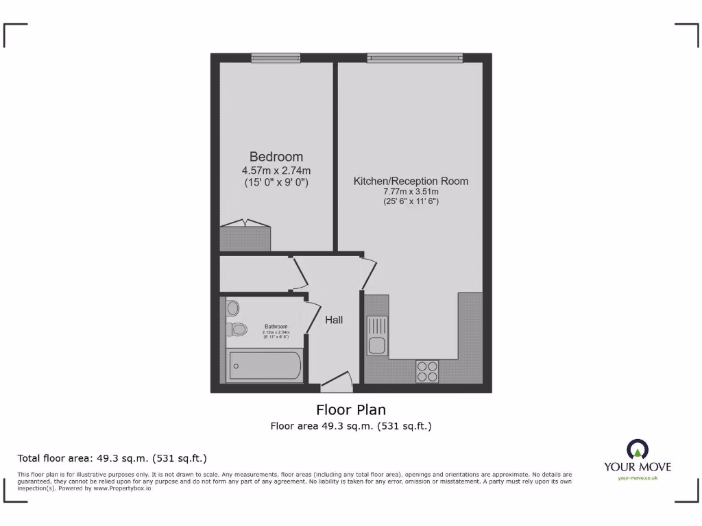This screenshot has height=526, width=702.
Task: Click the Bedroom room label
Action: (x=276, y=157)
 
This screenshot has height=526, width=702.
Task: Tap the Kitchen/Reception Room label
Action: (x=411, y=181)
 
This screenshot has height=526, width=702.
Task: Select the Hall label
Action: (x=334, y=320)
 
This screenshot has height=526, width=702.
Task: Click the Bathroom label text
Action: (x=276, y=327)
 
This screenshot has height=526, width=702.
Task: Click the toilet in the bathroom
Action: (x=237, y=329)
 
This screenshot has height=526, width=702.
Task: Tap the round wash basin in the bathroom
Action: (x=232, y=307)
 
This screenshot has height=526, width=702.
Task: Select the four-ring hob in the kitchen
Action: (x=427, y=371)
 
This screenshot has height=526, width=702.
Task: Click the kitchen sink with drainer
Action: (x=378, y=335)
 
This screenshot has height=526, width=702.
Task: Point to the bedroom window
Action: (x=276, y=58)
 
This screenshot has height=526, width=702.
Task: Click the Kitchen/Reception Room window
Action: (x=415, y=58)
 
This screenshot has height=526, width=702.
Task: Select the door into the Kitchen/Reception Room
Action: (x=368, y=274)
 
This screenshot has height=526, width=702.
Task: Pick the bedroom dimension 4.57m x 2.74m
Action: (x=276, y=171)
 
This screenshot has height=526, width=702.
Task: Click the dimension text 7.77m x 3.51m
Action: (x=411, y=192)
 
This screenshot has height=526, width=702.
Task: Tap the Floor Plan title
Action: (x=350, y=410)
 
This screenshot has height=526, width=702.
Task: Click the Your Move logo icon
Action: (x=637, y=450)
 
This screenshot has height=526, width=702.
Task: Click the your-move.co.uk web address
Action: (x=637, y=477)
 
